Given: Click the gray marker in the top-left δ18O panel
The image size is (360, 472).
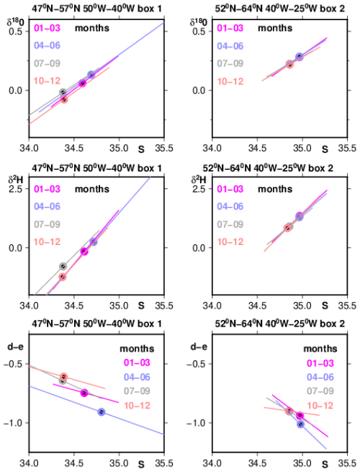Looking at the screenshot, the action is pos(63,92).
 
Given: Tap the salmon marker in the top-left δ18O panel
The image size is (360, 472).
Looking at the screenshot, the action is pos(64,99).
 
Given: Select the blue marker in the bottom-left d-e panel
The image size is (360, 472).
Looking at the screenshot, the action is pos(102,411).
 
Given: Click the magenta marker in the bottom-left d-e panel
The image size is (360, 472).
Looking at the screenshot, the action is pos(84,393).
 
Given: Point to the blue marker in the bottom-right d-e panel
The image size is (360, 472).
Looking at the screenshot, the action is pos(300,424).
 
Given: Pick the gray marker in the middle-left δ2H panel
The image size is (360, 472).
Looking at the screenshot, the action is pos(63,266).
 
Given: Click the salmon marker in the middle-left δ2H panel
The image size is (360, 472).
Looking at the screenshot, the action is pos(63,277).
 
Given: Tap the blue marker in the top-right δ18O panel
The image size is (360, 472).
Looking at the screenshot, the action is pos(300,57).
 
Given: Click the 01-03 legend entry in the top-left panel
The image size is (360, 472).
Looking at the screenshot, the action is pos(48,28).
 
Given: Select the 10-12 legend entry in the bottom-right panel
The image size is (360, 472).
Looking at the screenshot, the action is pos(320,406).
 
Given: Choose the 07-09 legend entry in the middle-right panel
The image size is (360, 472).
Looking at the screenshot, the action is pos(230,224).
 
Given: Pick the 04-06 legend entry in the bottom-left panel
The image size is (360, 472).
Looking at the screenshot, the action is pos(137,377).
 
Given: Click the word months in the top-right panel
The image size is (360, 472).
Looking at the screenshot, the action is pos(275,28).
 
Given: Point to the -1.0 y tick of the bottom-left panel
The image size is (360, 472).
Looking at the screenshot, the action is pos(13,423).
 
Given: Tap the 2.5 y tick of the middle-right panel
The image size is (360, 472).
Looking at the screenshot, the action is pos(199,189).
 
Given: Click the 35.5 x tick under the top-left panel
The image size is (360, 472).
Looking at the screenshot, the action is pos(164,148).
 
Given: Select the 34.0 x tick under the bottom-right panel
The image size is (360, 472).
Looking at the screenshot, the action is pos(212,463).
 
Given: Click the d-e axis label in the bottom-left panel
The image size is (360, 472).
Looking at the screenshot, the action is pos(15,347).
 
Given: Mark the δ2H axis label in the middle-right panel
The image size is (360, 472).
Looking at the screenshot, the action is pos(199,180).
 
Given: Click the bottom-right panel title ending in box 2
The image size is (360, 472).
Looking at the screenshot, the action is pos(279,324).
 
